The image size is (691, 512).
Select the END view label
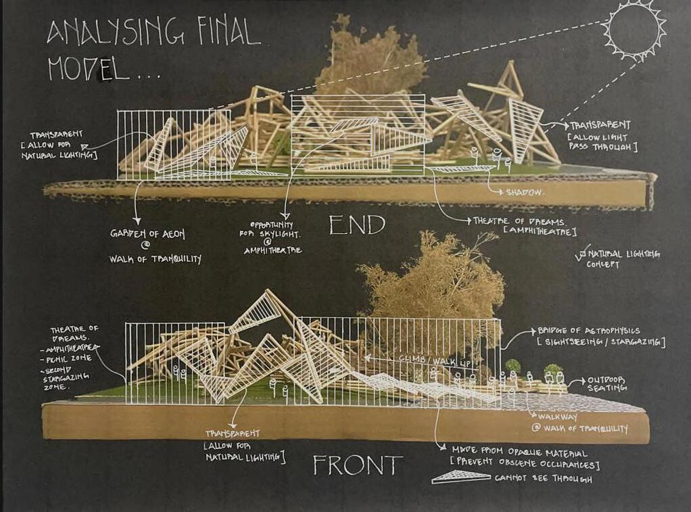[x=356, y=225]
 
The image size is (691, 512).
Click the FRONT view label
[x=358, y=465]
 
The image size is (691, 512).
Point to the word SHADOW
[x=525, y=192]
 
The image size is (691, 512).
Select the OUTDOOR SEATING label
[x=606, y=384]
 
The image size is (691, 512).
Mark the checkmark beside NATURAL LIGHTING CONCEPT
[x=579, y=252]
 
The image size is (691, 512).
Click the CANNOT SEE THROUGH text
[x=544, y=479]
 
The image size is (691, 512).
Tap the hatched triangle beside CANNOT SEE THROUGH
[x=461, y=477]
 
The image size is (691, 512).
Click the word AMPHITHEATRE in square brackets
[x=541, y=232]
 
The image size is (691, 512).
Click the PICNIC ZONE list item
[x=76, y=358]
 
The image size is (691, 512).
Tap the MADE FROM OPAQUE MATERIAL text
[x=516, y=453]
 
